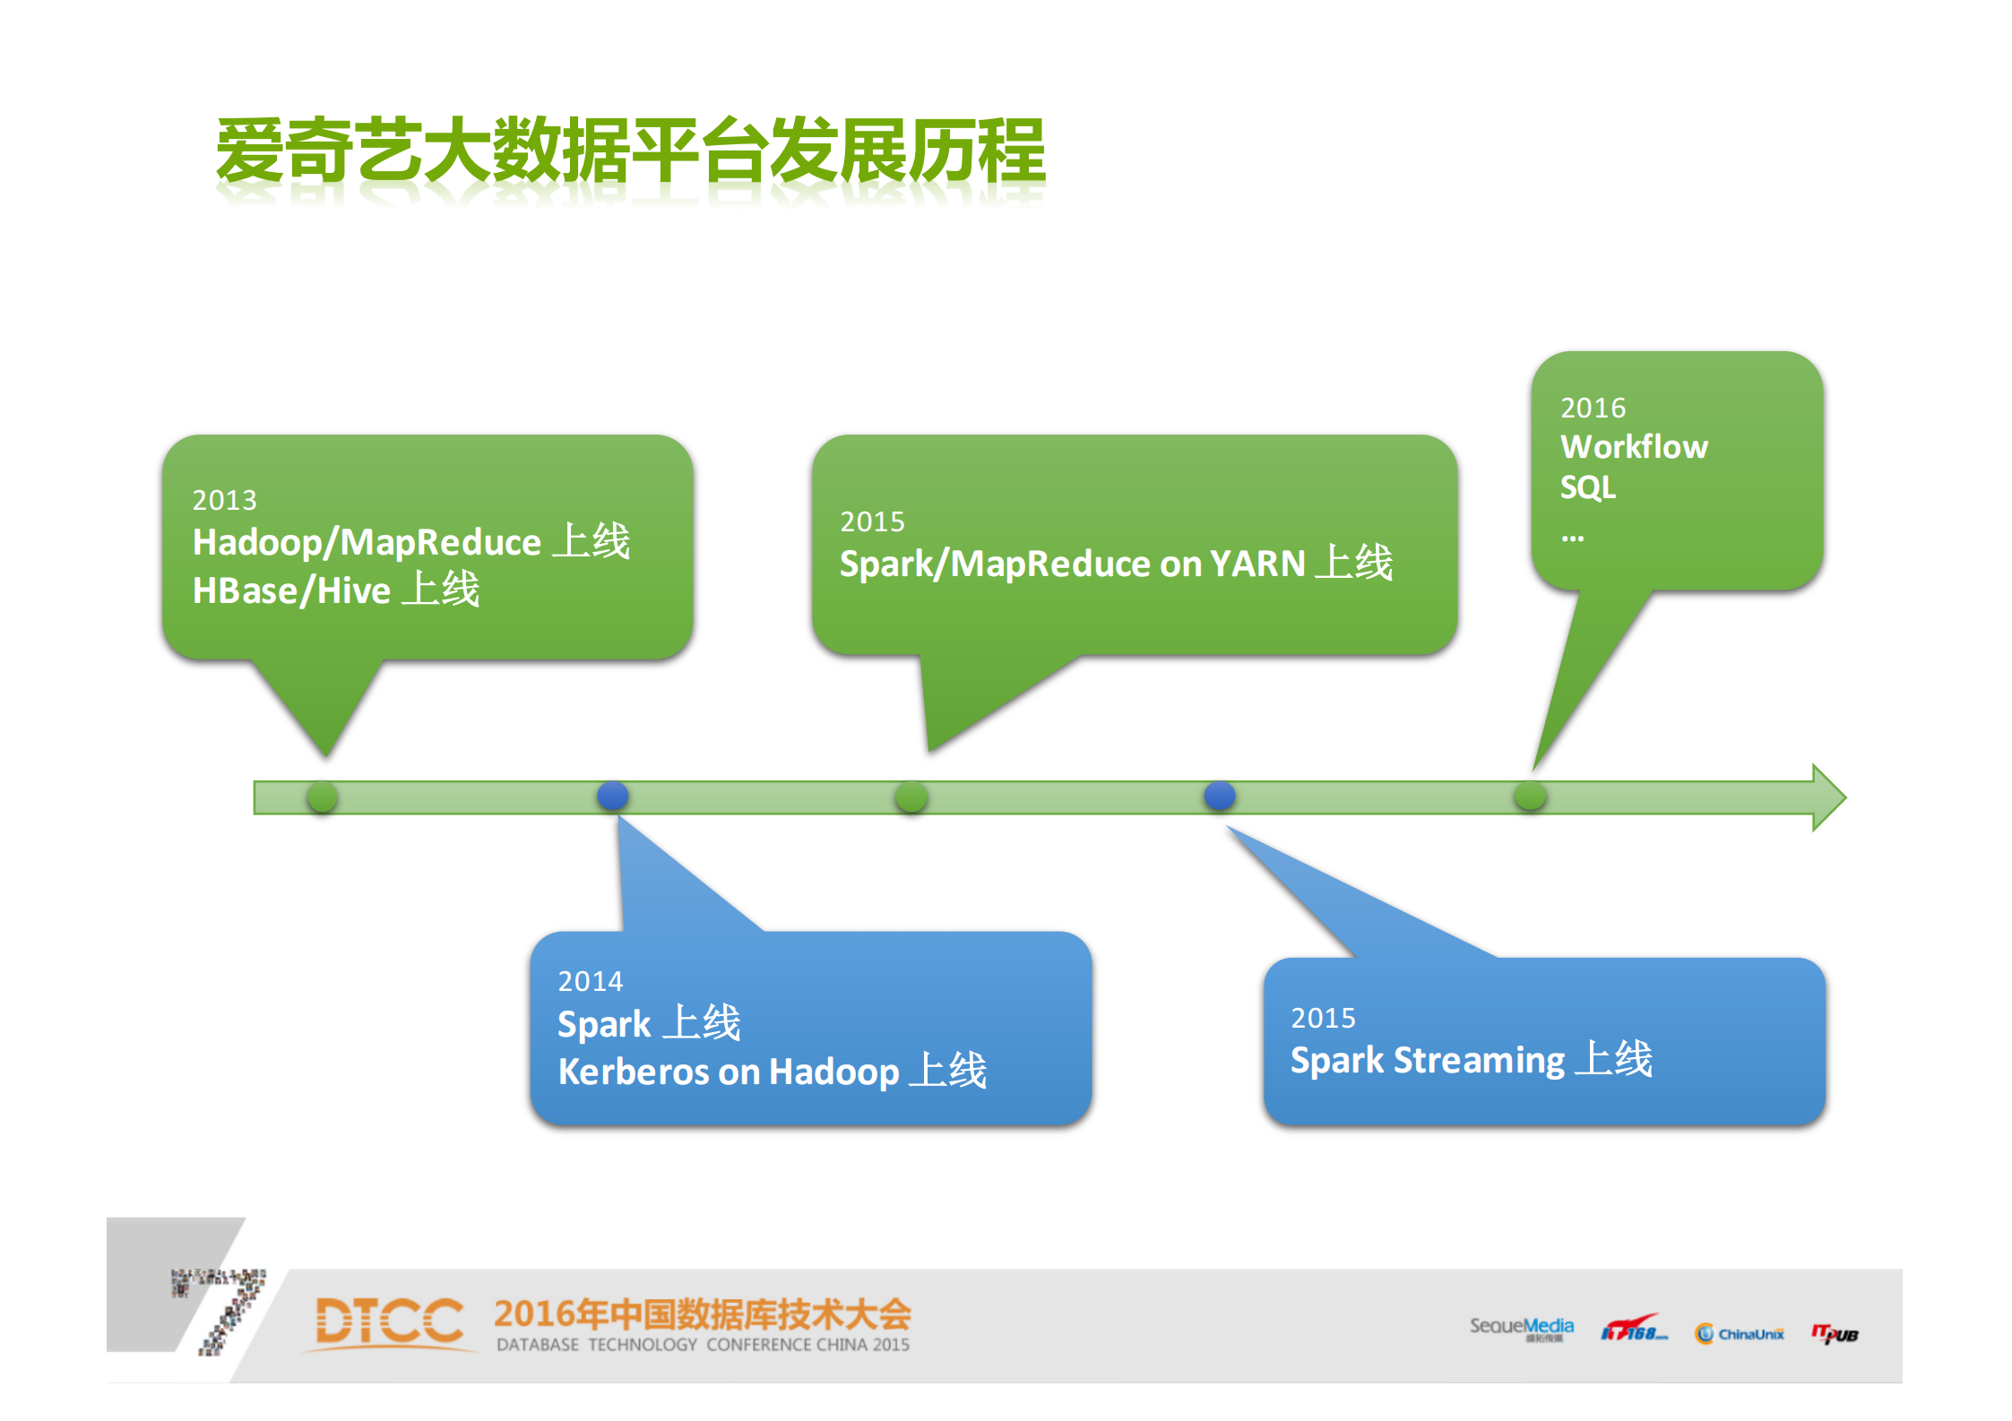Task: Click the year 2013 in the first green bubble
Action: tap(224, 500)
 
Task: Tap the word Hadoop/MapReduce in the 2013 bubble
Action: tap(366, 542)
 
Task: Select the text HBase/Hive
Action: tap(291, 591)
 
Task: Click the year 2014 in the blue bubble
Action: tap(590, 982)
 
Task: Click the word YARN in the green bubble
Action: tap(1256, 564)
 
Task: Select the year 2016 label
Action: tap(1593, 409)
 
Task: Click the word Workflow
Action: tap(1634, 447)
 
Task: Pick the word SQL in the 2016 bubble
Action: tap(1587, 488)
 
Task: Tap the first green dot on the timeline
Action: tap(323, 797)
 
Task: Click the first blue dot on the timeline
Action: tap(613, 796)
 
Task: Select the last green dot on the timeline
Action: tap(1530, 797)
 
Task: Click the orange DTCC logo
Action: tap(389, 1322)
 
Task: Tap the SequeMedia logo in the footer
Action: tap(1521, 1328)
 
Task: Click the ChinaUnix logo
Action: tap(1739, 1334)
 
